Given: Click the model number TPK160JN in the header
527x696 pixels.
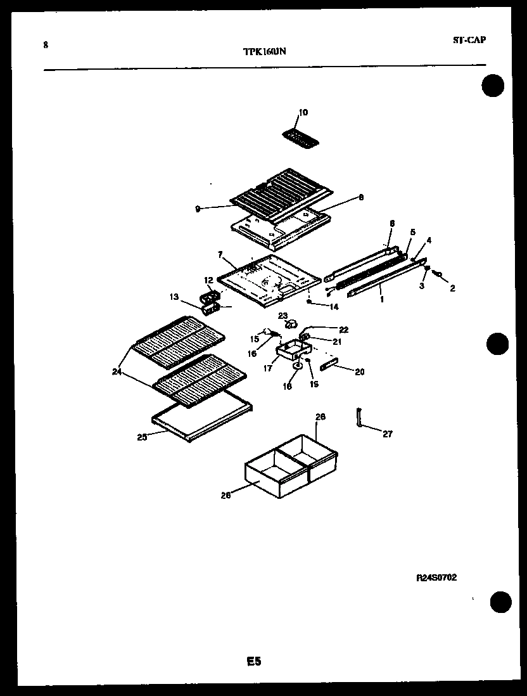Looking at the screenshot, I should pos(264,52).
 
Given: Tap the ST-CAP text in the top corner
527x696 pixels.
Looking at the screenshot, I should pos(469,40).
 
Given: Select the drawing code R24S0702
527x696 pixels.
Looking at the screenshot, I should pos(436,577).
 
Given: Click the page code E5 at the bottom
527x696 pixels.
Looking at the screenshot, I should pos(253,661).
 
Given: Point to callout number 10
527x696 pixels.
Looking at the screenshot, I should pos(303,112).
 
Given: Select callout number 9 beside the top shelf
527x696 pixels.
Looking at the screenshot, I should pos(198,208).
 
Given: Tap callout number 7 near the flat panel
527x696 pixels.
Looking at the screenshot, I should pos(220,255).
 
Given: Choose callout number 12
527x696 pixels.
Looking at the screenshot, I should pos(208,280).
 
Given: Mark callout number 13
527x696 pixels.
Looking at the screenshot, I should pos(174,295).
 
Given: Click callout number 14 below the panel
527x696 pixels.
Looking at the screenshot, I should pos(333,307).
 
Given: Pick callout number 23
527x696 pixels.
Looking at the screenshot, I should pos(283,315).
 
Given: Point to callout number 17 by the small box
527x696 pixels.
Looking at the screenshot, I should pos(267,368).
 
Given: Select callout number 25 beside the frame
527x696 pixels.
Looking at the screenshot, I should pos(142,437).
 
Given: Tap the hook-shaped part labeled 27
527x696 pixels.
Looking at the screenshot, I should pos(359,419).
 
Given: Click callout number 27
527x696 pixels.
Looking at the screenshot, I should pos(387,434).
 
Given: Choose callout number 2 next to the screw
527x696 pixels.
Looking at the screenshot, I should pos(452,288).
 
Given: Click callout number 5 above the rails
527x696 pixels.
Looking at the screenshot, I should pos(412,233).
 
